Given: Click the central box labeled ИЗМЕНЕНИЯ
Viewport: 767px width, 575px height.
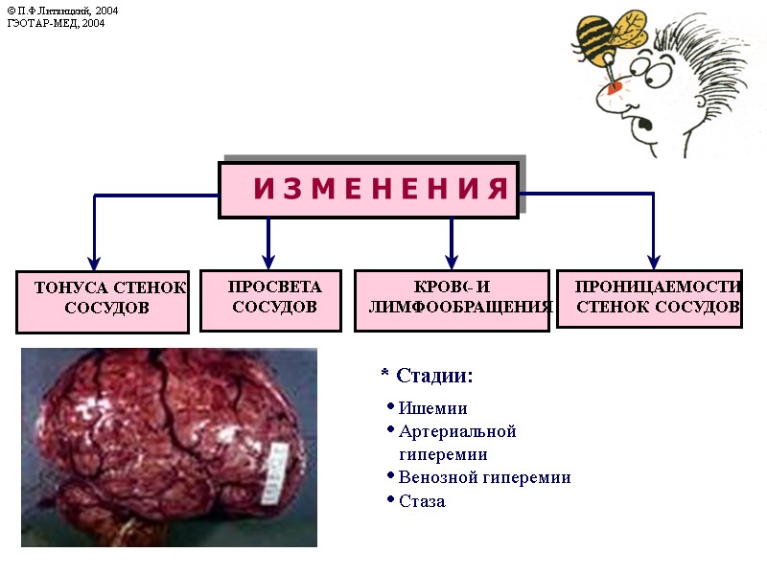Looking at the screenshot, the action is click(368, 190).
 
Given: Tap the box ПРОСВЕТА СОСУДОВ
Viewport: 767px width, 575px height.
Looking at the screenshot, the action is click(270, 299).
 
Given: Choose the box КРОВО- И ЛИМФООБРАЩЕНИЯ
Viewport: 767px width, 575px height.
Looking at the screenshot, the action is click(452, 299).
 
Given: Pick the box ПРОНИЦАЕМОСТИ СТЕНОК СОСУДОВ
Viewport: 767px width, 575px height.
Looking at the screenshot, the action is click(650, 297).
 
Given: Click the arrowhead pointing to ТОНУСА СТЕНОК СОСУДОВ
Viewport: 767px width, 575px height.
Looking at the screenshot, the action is click(94, 260).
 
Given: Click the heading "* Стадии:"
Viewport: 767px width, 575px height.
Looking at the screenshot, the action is click(427, 376).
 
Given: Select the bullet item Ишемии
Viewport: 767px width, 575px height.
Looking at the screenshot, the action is click(432, 408).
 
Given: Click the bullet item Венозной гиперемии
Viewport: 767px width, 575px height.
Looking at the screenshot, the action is click(484, 477).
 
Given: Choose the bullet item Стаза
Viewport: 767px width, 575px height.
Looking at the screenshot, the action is click(422, 501).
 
